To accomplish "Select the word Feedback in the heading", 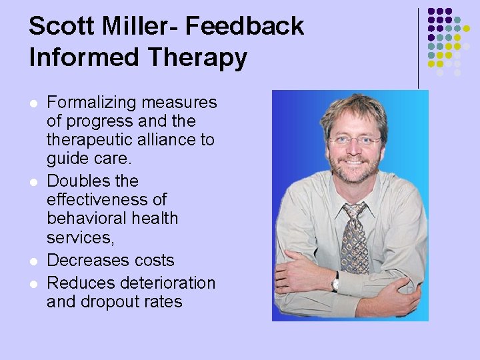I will click(245, 27).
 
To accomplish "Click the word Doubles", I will click(78, 181).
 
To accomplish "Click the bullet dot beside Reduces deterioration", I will click(33, 284).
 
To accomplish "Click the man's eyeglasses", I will click(354, 141).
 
